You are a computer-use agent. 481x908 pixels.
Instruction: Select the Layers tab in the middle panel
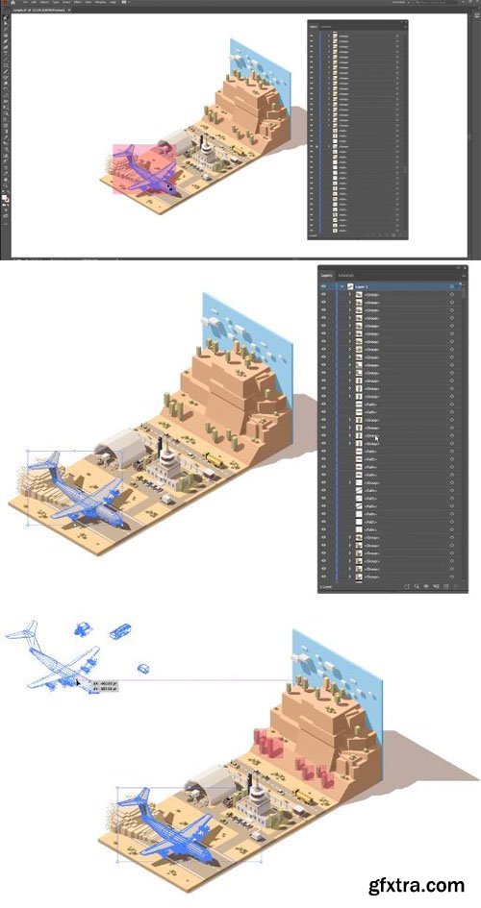tap(325, 275)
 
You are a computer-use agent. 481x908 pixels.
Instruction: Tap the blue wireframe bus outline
tap(120, 631)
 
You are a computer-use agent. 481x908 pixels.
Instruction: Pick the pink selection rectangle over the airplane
tap(137, 169)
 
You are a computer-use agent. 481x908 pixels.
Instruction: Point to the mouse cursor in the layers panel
tap(376, 437)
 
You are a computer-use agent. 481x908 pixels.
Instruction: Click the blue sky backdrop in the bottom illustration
tap(322, 663)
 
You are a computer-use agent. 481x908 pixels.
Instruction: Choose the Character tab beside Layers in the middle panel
tap(345, 275)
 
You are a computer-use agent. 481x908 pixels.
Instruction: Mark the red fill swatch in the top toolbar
tap(5, 196)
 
